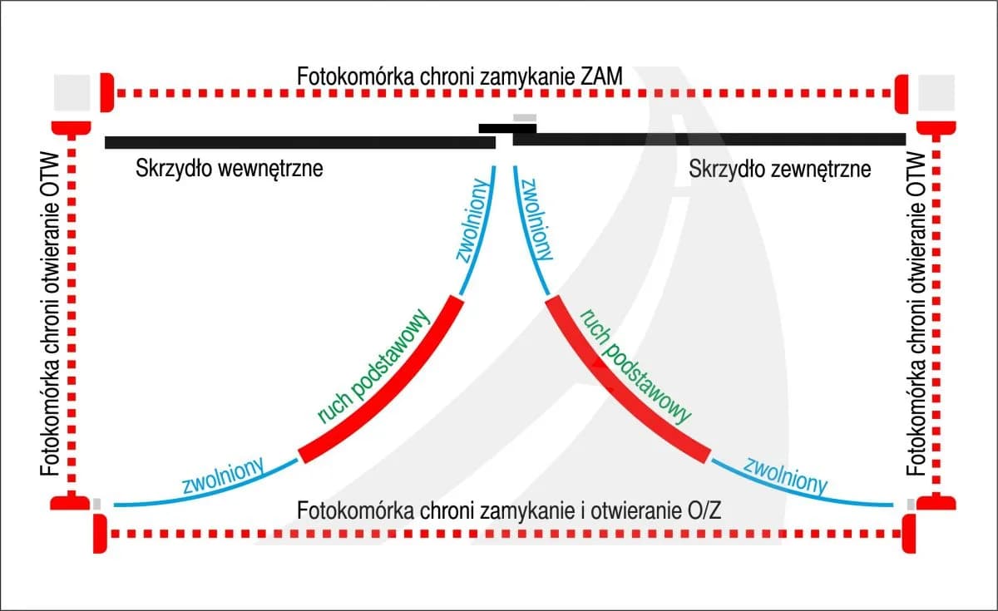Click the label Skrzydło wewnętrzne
[228, 170]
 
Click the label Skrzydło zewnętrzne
[780, 170]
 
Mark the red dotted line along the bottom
[499, 533]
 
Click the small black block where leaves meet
[506, 128]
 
